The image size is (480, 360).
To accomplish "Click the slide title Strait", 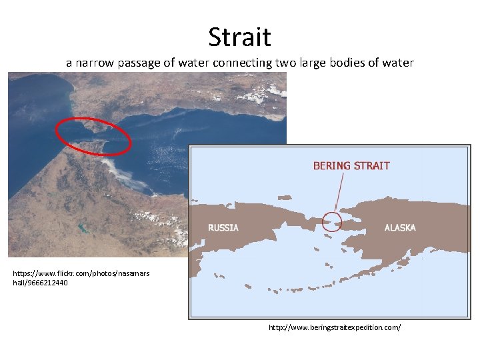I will coord(239,37).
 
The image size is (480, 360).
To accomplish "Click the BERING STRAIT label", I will coord(351,165).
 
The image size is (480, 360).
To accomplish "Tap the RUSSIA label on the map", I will coord(223,227).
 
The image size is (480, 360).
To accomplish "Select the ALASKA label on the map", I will coord(400,227).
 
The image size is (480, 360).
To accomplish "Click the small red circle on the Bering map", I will coord(331,221).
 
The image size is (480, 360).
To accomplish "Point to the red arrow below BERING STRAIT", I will coord(339,193).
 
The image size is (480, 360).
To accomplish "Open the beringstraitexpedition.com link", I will coord(335,327).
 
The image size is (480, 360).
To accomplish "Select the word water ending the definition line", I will coord(397,63).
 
